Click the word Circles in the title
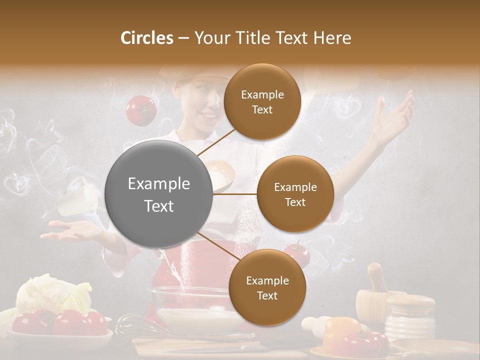pos(147,38)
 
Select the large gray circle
pos(159,194)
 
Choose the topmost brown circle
pos(262,102)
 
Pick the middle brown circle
pos(295,194)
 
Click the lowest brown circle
pos(267,287)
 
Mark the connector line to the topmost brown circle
pos(216,142)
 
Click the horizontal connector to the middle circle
pos(235,194)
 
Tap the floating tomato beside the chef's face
pos(141,110)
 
